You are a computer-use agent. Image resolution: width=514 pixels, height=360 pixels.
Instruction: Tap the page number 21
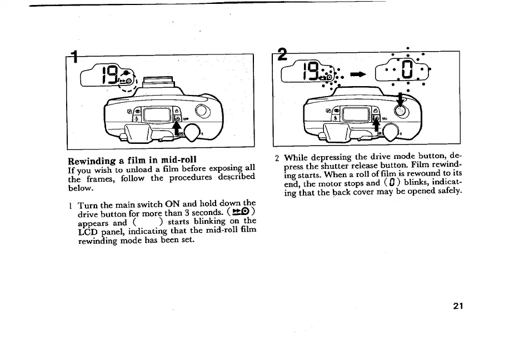[458, 306]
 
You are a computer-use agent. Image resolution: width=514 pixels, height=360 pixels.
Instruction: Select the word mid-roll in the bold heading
[178, 161]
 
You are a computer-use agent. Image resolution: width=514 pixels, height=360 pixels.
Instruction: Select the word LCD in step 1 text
[87, 232]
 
